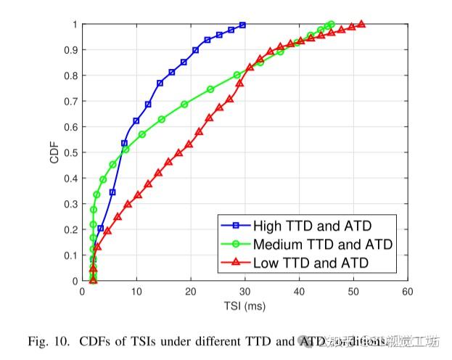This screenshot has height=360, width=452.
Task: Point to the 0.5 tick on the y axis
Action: [73, 152]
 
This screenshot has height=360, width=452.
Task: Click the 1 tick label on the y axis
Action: [75, 25]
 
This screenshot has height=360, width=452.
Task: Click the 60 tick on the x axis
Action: [408, 292]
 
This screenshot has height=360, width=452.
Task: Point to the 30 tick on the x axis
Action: [245, 292]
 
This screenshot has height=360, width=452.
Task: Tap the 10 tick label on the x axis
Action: [136, 292]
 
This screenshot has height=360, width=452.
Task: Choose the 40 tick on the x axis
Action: [300, 292]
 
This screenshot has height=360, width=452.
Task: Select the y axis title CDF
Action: [54, 152]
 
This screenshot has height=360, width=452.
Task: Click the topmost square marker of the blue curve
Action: [242, 25]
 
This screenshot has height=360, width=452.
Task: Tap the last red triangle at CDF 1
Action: [361, 24]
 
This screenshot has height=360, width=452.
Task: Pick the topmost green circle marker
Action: [331, 25]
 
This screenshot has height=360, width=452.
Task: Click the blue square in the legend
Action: [235, 225]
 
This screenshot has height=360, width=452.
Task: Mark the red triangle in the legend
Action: [235, 262]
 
